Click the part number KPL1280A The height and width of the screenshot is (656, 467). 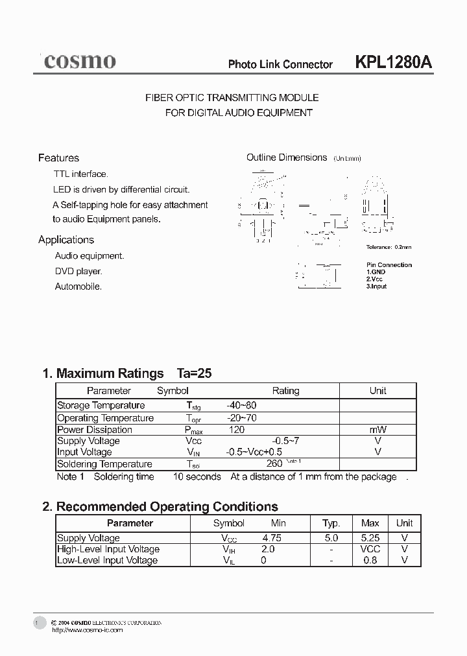click(x=393, y=62)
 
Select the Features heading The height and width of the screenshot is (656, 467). click(x=58, y=158)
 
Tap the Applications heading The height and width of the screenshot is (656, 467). click(x=66, y=240)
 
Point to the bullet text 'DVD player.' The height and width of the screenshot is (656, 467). click(x=78, y=272)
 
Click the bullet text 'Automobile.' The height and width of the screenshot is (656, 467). click(x=78, y=287)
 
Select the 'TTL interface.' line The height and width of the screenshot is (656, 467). click(x=81, y=174)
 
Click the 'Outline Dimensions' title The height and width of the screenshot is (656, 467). click(x=286, y=158)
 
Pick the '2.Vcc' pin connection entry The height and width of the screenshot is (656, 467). click(x=375, y=279)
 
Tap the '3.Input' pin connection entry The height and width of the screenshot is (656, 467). click(x=377, y=286)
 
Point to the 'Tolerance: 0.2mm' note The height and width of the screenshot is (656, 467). click(x=389, y=247)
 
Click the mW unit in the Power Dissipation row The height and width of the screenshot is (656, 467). click(x=377, y=430)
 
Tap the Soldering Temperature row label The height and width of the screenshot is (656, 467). click(x=104, y=464)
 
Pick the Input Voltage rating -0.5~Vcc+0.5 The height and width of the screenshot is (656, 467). click(x=254, y=452)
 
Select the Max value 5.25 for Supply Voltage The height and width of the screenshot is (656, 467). click(x=370, y=538)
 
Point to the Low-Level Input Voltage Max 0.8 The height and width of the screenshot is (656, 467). click(x=370, y=560)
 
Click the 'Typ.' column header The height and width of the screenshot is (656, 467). click(x=331, y=523)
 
